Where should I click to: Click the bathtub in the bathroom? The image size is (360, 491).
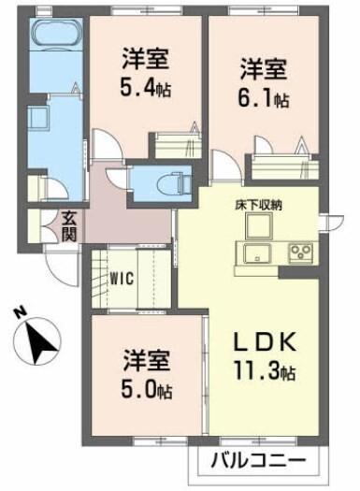(x=57, y=36)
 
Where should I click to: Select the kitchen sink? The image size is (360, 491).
(x=255, y=253)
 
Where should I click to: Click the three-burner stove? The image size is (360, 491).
(x=302, y=253)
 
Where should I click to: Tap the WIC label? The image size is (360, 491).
(x=122, y=277)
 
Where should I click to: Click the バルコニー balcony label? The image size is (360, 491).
(x=257, y=462)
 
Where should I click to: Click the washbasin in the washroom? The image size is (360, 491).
(x=42, y=121)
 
